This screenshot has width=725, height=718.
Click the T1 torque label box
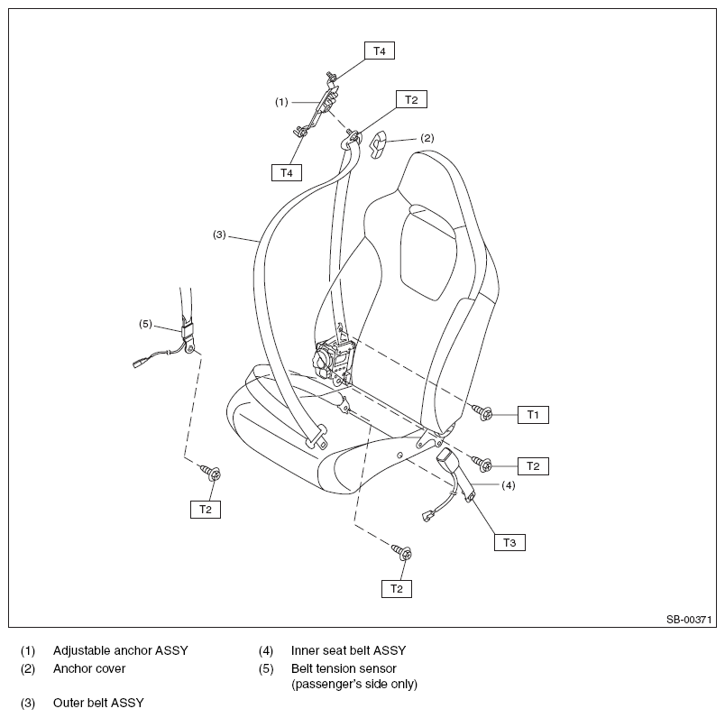point(533,415)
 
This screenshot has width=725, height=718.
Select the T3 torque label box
point(509,542)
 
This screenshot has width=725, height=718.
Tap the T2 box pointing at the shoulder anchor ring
point(411,99)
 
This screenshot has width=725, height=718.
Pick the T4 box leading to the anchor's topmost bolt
point(380,51)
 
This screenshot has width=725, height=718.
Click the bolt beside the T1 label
point(482,411)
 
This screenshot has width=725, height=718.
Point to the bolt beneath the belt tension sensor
point(211,473)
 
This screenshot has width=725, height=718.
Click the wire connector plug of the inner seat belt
point(427,515)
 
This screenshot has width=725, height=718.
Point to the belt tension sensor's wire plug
point(139,363)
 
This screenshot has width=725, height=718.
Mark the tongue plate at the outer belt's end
point(317,437)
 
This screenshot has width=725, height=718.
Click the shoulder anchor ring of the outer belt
point(353,137)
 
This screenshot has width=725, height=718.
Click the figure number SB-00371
point(688,619)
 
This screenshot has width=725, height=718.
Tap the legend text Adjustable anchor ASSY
point(121,650)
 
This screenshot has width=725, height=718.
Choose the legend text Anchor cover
point(89,668)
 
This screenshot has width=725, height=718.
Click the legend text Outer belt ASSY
point(98,703)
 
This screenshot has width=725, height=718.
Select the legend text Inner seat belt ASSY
point(348,650)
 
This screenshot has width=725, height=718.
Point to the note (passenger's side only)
point(354,685)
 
